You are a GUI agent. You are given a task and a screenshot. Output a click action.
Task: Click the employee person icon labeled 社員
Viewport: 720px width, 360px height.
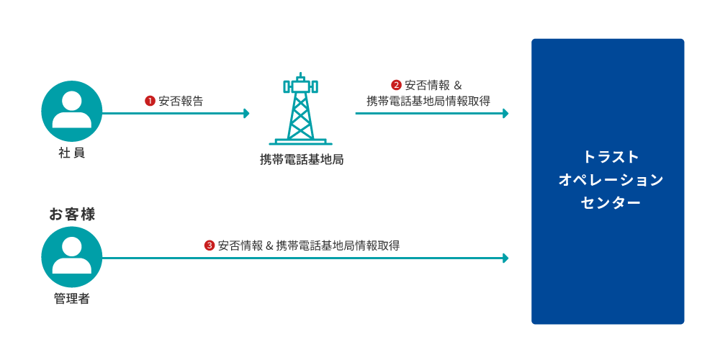pos(72,111)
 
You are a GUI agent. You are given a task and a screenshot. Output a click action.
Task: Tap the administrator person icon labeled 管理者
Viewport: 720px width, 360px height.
pos(72,257)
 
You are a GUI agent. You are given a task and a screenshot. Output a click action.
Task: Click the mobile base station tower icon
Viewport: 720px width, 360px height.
pos(300,112)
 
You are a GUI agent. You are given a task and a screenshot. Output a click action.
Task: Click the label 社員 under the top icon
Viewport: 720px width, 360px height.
pos(72,153)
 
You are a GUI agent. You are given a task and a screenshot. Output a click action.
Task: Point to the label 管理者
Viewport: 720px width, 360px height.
pos(72,298)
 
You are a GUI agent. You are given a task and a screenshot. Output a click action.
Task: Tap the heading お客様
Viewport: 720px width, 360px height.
pos(72,214)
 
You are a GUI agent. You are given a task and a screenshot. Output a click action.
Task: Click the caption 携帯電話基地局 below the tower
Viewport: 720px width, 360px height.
pos(301,159)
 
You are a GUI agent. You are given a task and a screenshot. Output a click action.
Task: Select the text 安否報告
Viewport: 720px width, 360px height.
pos(181,101)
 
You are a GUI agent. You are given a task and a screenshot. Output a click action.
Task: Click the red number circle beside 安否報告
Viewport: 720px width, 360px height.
pos(150,101)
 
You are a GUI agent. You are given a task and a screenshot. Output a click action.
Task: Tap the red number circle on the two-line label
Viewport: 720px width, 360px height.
pos(396,85)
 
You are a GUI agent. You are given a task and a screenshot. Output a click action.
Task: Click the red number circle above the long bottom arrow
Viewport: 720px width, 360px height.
pos(210,246)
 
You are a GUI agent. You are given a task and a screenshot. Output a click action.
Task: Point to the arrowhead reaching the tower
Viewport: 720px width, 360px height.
pos(247,113)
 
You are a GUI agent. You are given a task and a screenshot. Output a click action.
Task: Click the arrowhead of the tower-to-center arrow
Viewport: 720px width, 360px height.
pos(505,113)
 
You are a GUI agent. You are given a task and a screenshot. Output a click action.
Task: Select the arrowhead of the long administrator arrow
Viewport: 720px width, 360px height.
pos(505,258)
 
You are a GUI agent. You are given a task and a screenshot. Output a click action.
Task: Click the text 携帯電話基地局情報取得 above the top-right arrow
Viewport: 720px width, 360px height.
pos(428,101)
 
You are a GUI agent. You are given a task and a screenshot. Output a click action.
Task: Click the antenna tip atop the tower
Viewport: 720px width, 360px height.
pos(300,74)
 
